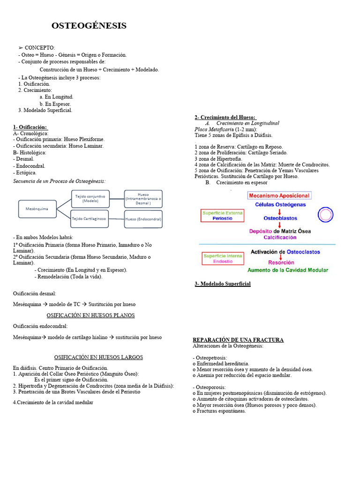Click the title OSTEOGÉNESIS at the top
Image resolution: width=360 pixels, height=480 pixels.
coord(89,26)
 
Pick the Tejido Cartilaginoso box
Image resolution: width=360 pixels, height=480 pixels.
coord(90,218)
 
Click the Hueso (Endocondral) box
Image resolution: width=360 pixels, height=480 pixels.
coord(143,219)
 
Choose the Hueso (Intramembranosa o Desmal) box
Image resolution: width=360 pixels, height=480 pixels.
coord(143,199)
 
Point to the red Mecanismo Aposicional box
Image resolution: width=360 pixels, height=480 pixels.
coord(279,195)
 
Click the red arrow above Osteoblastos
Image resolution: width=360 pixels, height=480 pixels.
coord(280,211)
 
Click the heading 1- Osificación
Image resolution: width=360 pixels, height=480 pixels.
coord(30,127)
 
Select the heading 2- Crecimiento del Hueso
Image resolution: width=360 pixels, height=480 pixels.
coord(225,117)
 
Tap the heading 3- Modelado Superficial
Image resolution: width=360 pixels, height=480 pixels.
coord(222,284)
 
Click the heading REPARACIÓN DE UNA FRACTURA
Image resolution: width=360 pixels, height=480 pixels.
coord(238,340)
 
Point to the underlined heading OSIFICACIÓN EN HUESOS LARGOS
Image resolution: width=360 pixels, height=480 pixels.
coord(98,357)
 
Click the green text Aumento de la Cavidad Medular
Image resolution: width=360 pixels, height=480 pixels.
coord(288,270)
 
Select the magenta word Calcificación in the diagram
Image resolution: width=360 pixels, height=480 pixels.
coord(280,237)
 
